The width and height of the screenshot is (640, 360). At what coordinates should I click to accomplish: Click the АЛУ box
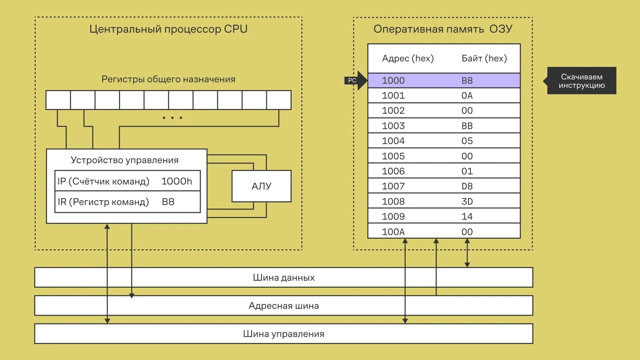pyautogui.click(x=261, y=186)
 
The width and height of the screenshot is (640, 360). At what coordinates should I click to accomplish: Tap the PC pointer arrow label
pyautogui.click(x=352, y=80)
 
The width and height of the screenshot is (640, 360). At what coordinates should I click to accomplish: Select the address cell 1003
pyautogui.click(x=393, y=126)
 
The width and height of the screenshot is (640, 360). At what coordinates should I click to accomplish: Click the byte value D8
pyautogui.click(x=467, y=186)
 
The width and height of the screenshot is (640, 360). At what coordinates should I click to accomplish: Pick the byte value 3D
pyautogui.click(x=467, y=201)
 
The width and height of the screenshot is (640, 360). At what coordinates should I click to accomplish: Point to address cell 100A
pyautogui.click(x=393, y=232)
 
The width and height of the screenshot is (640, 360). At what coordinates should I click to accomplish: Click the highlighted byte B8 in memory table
pyautogui.click(x=467, y=80)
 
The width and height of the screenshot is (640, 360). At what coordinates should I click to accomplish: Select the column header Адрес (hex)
pyautogui.click(x=408, y=58)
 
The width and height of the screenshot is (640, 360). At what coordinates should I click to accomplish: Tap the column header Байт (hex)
pyautogui.click(x=484, y=58)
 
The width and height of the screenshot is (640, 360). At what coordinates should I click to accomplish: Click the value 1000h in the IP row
pyautogui.click(x=177, y=181)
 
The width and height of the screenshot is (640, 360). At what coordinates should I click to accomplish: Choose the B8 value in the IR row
pyautogui.click(x=168, y=202)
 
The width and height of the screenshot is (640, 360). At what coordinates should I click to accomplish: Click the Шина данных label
pyautogui.click(x=284, y=277)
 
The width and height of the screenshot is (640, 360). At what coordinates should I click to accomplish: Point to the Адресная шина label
pyautogui.click(x=284, y=306)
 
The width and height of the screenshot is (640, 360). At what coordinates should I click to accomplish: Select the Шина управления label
pyautogui.click(x=284, y=334)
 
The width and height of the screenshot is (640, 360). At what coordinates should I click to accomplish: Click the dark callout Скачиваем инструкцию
pyautogui.click(x=582, y=81)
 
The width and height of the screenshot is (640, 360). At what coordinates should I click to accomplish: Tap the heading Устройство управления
pyautogui.click(x=124, y=160)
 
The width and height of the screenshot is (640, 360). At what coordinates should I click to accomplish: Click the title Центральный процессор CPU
pyautogui.click(x=168, y=29)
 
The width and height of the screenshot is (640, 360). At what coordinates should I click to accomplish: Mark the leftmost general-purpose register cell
pyautogui.click(x=58, y=100)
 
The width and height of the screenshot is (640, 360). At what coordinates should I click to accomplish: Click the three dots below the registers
pyautogui.click(x=172, y=118)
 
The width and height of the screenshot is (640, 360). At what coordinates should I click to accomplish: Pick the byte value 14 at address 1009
pyautogui.click(x=467, y=216)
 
